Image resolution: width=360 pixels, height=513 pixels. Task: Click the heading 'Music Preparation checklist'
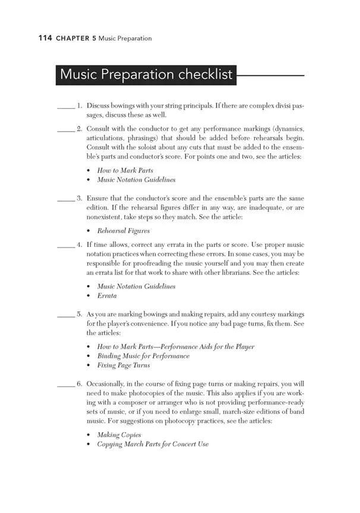tap(145, 75)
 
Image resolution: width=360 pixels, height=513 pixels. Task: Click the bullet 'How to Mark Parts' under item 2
tap(125, 170)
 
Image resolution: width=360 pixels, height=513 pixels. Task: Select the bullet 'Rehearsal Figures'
tap(124, 231)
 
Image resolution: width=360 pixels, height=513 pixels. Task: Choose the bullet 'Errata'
tap(107, 295)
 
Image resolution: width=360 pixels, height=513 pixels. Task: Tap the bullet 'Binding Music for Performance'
tap(143, 356)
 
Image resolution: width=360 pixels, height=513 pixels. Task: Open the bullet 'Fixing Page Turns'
tap(124, 365)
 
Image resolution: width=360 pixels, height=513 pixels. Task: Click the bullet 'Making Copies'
tap(119, 435)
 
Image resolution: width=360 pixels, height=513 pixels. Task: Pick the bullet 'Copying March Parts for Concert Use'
tap(153, 444)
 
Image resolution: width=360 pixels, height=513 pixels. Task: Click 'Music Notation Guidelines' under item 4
tap(136, 286)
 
